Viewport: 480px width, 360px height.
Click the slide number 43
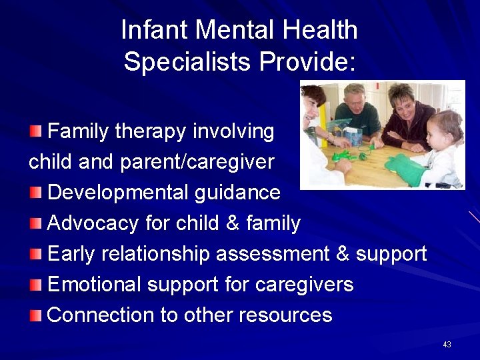447,345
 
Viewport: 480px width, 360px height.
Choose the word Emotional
94,285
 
